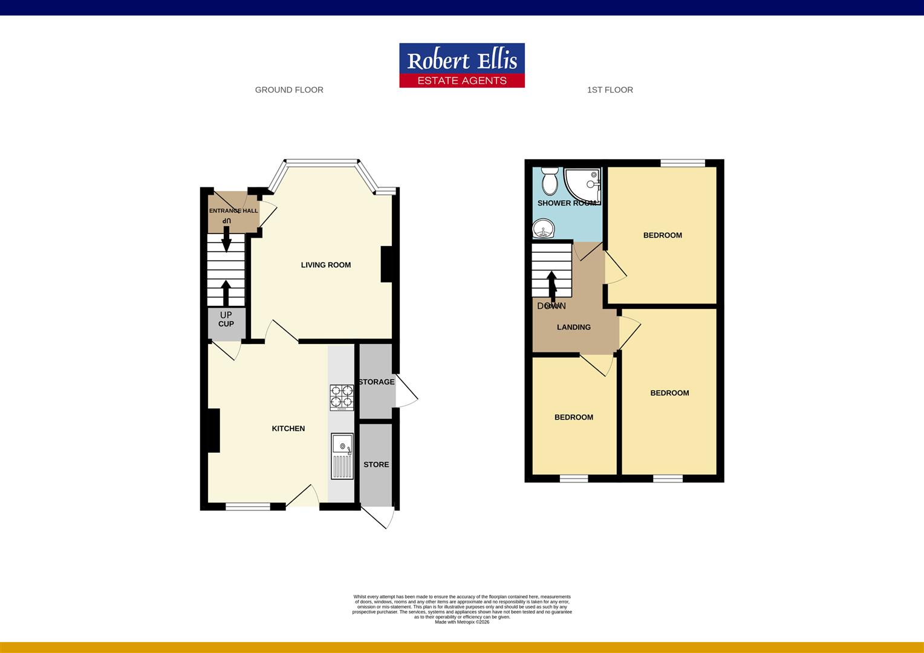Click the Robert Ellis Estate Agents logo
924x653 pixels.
462,65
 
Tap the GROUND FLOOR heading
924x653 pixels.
289,90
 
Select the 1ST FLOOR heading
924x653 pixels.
610,90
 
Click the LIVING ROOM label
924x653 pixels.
326,265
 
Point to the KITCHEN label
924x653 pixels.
288,429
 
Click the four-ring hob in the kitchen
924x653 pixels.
342,397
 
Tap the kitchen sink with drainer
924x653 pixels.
342,456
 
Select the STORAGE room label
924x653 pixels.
376,382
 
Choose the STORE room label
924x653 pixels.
376,464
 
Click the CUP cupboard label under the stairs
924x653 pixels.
226,324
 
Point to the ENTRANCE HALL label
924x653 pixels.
233,211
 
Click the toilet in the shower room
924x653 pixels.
550,180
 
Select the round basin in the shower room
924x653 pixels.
544,230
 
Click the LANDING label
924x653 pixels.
574,327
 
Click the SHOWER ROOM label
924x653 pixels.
567,203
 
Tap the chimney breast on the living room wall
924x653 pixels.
387,264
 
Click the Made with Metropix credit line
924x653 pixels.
462,622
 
